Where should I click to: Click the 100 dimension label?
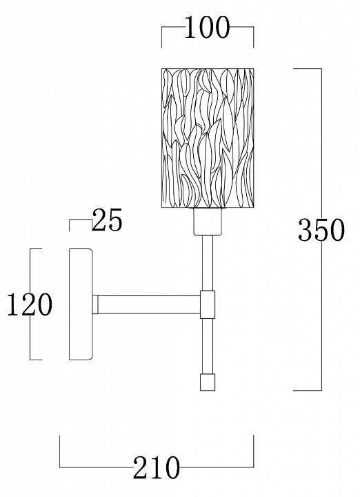207,28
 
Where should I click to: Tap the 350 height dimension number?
321,229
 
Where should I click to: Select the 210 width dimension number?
157,467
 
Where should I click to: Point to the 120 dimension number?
30,304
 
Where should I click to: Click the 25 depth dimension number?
107,220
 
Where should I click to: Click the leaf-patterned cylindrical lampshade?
208,138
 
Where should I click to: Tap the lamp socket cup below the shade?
208,222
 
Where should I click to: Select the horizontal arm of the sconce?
149,304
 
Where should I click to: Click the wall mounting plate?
81,304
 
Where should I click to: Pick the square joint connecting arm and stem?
208,304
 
